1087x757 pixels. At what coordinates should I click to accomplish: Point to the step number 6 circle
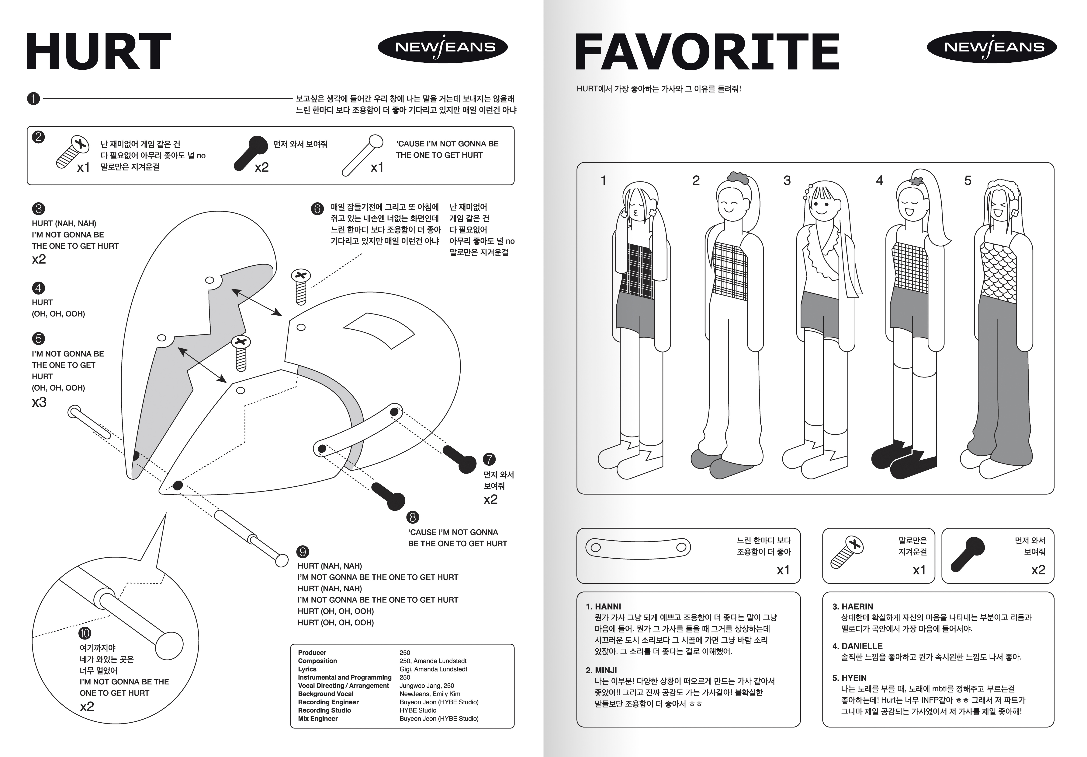coord(317,209)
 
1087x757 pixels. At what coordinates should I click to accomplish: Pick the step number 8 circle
coord(413,517)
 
